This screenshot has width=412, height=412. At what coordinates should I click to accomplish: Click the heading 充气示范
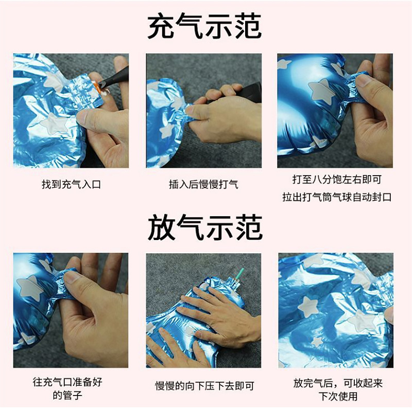click(204, 27)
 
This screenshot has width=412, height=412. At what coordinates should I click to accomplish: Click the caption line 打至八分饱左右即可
click(337, 180)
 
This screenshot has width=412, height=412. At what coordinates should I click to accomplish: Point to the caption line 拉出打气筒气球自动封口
click(337, 197)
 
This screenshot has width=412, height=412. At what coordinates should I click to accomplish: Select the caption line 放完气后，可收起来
click(337, 383)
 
